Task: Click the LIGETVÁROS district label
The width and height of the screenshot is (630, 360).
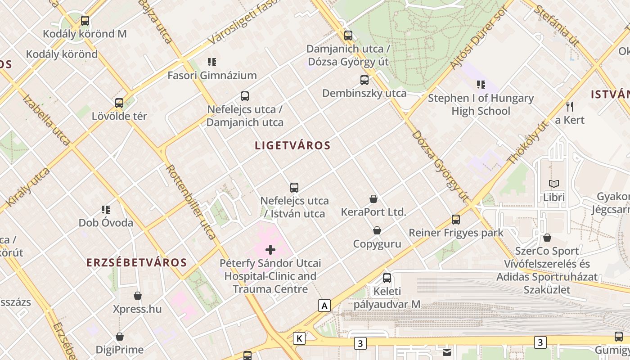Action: pyautogui.click(x=292, y=145)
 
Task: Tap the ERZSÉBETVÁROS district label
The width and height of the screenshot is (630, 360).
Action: pyautogui.click(x=136, y=263)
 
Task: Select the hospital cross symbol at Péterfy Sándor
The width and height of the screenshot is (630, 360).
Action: pyautogui.click(x=270, y=250)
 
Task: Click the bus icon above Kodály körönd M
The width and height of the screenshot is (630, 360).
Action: pyautogui.click(x=85, y=21)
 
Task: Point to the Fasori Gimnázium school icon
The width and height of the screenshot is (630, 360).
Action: pyautogui.click(x=212, y=62)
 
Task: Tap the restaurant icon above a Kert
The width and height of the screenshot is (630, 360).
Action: pyautogui.click(x=570, y=107)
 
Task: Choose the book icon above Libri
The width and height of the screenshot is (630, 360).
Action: pyautogui.click(x=554, y=184)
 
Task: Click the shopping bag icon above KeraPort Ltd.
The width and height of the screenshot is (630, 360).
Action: pyautogui.click(x=373, y=199)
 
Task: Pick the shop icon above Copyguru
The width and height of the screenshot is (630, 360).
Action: pyautogui.click(x=377, y=231)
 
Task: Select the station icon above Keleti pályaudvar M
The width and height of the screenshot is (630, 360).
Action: pyautogui.click(x=387, y=278)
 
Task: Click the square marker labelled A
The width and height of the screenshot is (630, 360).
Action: pyautogui.click(x=324, y=306)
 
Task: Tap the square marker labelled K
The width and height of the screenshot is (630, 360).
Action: pyautogui.click(x=299, y=338)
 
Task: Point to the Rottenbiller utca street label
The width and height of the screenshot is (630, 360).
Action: pyautogui.click(x=191, y=201)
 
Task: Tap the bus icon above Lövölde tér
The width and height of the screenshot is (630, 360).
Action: pyautogui.click(x=119, y=103)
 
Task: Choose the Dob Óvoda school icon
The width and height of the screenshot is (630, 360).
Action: pyautogui.click(x=106, y=210)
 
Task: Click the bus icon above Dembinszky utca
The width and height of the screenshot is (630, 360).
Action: pyautogui.click(x=364, y=81)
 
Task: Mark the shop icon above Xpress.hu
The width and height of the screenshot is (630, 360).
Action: pyautogui.click(x=138, y=296)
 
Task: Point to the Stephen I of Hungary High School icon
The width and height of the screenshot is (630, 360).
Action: pyautogui.click(x=481, y=85)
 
